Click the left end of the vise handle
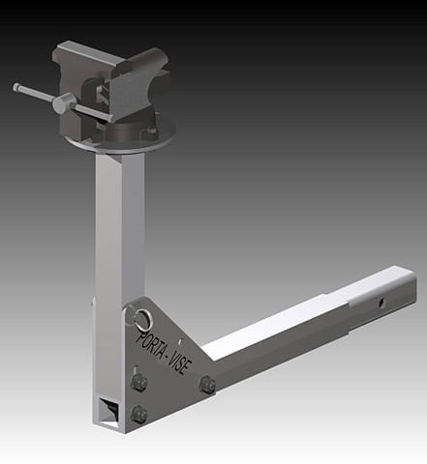17,87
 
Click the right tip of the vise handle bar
109,121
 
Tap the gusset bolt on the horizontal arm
206,385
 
